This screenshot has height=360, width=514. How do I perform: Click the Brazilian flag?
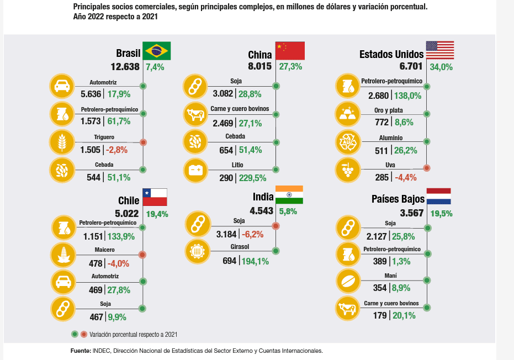[x=157, y=51]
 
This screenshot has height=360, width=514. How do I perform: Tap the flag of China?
[x=290, y=51]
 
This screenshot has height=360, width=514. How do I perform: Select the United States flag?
[x=439, y=50]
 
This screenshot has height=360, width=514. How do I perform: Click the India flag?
[x=289, y=195]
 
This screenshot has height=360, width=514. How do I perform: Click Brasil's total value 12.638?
[x=125, y=67]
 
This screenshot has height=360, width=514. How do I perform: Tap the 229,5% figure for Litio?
[x=253, y=178]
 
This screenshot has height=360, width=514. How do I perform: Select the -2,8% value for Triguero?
[x=117, y=150]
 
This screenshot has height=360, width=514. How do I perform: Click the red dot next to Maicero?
[x=142, y=255]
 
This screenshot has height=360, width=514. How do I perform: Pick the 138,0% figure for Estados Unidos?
[x=407, y=96]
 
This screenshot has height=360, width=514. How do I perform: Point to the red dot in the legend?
[x=83, y=334]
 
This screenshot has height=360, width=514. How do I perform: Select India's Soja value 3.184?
[x=225, y=234]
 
